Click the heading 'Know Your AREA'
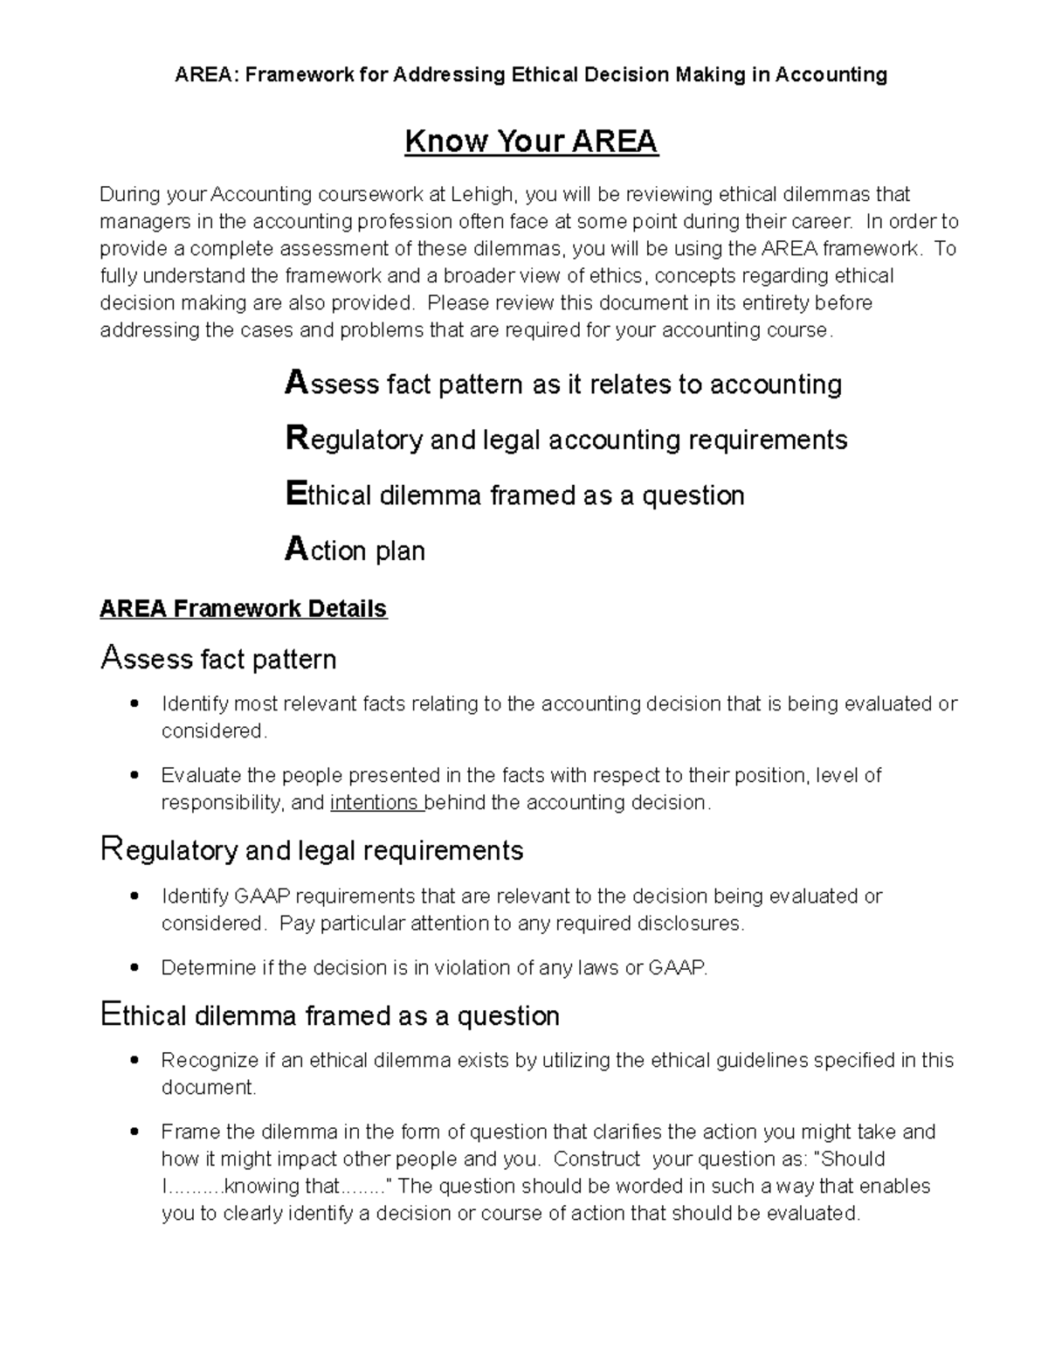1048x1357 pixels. pos(531,142)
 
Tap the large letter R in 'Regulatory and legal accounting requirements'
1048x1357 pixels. pos(297,439)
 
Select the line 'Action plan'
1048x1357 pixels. pos(355,550)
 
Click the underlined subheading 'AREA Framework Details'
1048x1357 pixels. pos(243,608)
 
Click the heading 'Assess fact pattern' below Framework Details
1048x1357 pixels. pos(218,658)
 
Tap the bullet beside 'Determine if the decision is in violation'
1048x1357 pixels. pos(134,968)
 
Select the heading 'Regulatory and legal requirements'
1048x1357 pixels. pos(312,850)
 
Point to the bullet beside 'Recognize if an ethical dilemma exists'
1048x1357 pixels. pos(134,1061)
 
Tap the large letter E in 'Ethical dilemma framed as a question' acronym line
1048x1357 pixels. pos(296,495)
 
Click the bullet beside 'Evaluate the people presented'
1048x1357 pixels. pos(134,776)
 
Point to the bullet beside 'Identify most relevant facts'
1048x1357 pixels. pos(134,704)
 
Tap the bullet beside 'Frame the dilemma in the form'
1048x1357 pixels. pos(134,1132)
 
